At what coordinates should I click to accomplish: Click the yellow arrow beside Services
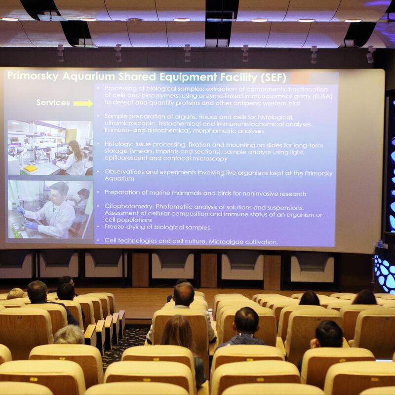click(x=83, y=103)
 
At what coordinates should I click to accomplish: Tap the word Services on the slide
click(x=53, y=103)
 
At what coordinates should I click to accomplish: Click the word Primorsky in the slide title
click(x=33, y=76)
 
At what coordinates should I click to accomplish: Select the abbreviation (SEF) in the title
click(x=274, y=78)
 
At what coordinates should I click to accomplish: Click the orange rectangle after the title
click(x=300, y=78)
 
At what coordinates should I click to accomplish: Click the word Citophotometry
click(x=129, y=206)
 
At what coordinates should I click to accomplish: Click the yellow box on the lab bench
click(x=31, y=168)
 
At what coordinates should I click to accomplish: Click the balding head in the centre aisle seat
click(x=184, y=294)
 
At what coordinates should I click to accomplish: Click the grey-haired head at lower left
click(x=69, y=335)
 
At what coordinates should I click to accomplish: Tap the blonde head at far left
click(x=15, y=294)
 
